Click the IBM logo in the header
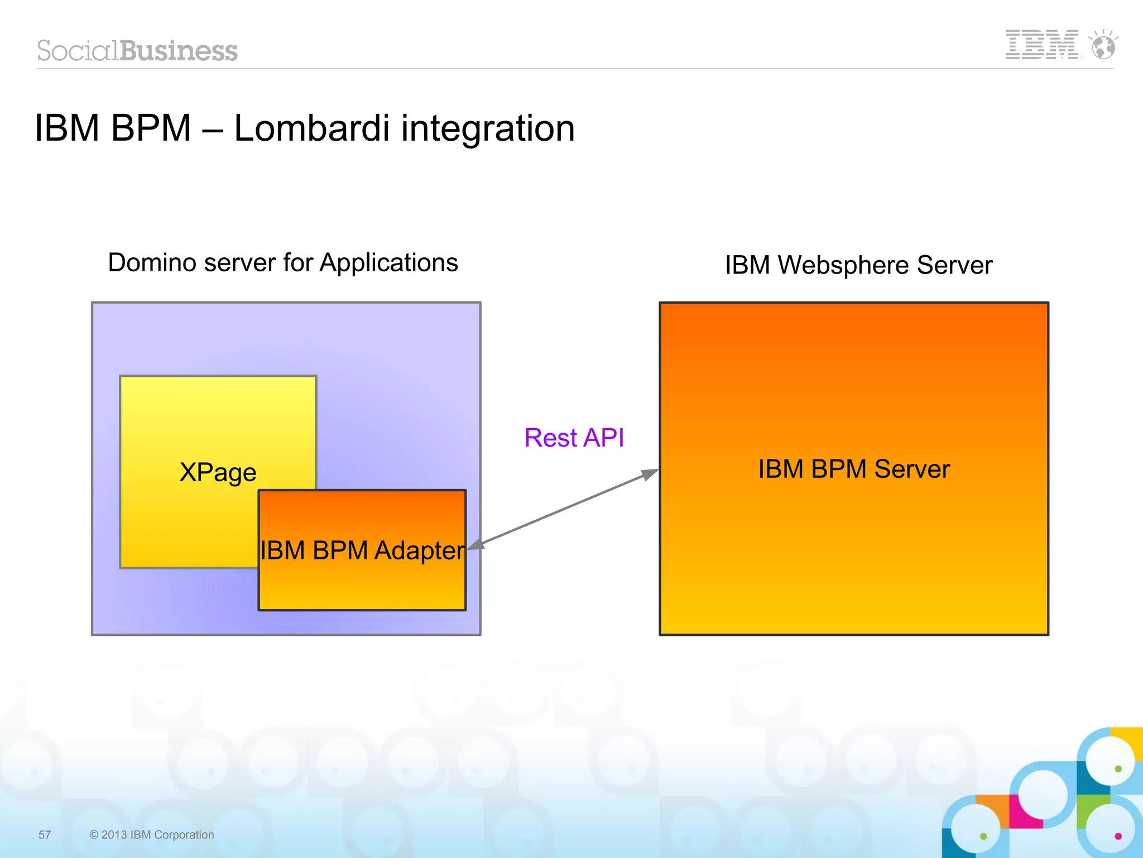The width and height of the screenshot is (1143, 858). click(1041, 45)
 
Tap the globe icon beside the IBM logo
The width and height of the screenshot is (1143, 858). click(1103, 46)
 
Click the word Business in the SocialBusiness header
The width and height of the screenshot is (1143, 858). click(179, 51)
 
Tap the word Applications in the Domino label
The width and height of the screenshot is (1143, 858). click(388, 263)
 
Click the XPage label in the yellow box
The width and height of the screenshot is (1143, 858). click(218, 472)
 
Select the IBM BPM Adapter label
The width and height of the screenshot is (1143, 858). click(362, 550)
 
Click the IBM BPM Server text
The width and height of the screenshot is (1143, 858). click(853, 469)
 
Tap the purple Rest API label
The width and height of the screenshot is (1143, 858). click(574, 438)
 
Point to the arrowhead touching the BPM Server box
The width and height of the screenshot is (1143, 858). click(650, 474)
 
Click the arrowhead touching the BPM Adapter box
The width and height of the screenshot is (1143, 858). click(475, 545)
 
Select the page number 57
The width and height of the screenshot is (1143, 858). click(45, 835)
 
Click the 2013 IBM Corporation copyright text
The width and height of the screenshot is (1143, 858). click(152, 835)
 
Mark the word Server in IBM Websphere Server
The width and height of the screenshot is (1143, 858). click(954, 265)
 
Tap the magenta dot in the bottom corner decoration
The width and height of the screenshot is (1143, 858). click(1118, 836)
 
